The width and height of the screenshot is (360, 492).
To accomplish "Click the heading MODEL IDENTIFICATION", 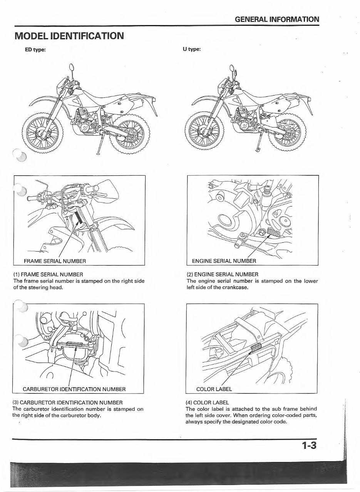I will [x=69, y=36].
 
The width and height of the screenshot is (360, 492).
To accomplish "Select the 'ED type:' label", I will [x=36, y=49].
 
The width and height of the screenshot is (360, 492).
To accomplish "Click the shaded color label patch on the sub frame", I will [x=256, y=348].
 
